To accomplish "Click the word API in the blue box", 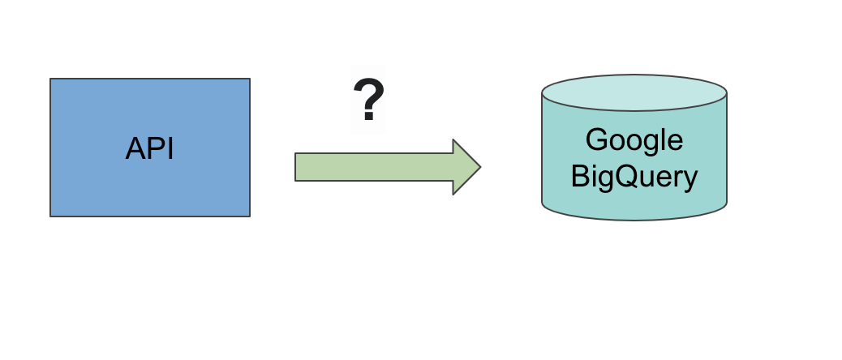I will click(150, 148).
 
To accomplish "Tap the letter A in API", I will click(136, 148).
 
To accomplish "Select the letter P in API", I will click(156, 148).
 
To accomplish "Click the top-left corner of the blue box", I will click(50, 79).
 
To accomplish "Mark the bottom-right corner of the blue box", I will click(249, 216).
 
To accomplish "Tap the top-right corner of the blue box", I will click(249, 79).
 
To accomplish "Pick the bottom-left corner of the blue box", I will click(50, 216).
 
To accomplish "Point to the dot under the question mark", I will click(368, 117).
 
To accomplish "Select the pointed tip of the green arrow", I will click(480, 167).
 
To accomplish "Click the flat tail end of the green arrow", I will click(296, 167).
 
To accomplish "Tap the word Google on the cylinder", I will click(634, 140).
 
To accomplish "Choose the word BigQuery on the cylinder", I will click(634, 176).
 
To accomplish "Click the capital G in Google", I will click(596, 140).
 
